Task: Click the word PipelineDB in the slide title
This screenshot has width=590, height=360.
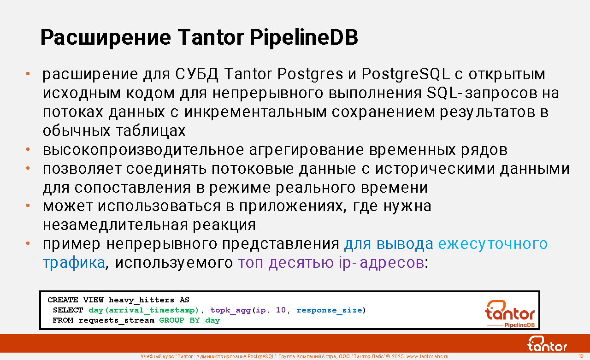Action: click(x=304, y=38)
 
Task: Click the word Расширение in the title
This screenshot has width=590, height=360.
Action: click(x=106, y=38)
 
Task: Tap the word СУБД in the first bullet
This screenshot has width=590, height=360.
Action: click(x=196, y=74)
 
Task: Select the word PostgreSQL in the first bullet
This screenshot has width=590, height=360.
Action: click(x=405, y=74)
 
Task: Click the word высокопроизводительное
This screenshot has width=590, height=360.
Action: click(x=143, y=150)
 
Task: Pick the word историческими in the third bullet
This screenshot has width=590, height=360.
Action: click(x=435, y=169)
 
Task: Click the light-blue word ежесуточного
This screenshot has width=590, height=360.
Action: click(x=493, y=244)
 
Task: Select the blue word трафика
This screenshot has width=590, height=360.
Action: click(x=74, y=263)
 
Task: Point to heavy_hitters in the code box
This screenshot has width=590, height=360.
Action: click(x=142, y=300)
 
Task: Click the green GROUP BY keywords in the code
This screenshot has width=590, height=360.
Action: click(x=179, y=320)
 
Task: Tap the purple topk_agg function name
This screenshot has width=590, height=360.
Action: click(x=230, y=310)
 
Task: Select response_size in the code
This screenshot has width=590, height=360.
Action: click(x=329, y=310)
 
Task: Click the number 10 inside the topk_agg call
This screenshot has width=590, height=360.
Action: click(x=281, y=310)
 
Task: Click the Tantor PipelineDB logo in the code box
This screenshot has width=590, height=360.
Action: click(x=510, y=313)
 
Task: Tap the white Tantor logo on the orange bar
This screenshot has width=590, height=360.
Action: click(x=547, y=344)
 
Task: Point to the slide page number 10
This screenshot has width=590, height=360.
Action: click(x=581, y=356)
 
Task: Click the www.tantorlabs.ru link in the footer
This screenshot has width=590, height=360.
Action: click(x=427, y=356)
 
